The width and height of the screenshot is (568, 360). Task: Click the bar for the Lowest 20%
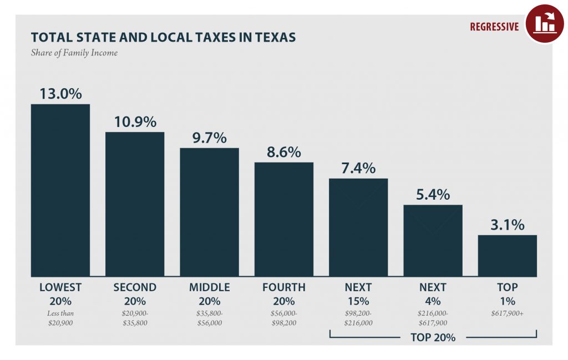[x=60, y=190]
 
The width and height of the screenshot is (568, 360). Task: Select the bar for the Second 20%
[x=135, y=204]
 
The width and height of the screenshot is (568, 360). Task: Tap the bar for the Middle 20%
[x=209, y=212]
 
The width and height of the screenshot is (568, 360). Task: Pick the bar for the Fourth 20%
[x=283, y=219]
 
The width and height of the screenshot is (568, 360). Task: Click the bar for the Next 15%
[x=358, y=227]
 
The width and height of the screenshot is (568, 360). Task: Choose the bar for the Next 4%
[x=433, y=240]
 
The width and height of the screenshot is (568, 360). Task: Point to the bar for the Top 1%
[x=507, y=255]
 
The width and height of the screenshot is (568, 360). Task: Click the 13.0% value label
[x=60, y=93]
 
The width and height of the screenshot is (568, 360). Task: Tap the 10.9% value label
[x=135, y=121]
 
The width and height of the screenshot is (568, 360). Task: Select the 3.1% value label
[x=507, y=225]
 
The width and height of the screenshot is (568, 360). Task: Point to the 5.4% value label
[x=433, y=195]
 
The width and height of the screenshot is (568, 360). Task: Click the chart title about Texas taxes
[x=163, y=37]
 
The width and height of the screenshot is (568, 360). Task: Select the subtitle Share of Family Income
[x=74, y=53]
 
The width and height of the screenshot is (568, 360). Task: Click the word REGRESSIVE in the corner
[x=494, y=27]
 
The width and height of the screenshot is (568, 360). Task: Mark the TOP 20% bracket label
[x=433, y=337]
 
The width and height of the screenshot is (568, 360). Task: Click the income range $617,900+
[x=507, y=313]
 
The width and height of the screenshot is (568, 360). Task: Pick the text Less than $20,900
[x=60, y=318]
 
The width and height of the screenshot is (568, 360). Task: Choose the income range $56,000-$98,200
[x=283, y=318]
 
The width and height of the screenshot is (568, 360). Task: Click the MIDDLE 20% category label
[x=209, y=294]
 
